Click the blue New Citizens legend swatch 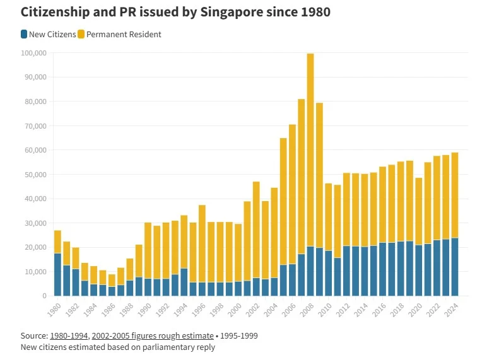(24, 34)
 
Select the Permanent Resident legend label (124, 34)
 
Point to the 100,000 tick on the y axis (33, 53)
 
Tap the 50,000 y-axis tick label (35, 175)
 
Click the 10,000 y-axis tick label (35, 272)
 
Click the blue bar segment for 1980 (57, 274)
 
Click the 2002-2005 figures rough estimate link (153, 336)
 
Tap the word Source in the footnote (33, 336)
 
